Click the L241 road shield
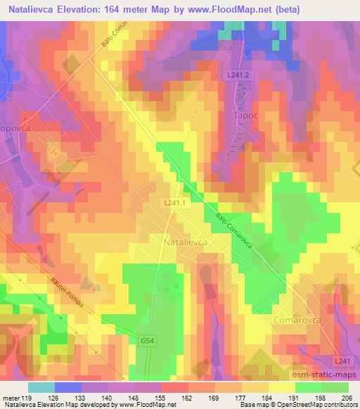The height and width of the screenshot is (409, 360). click(x=341, y=361)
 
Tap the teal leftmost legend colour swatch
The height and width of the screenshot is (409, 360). click(x=41, y=387)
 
